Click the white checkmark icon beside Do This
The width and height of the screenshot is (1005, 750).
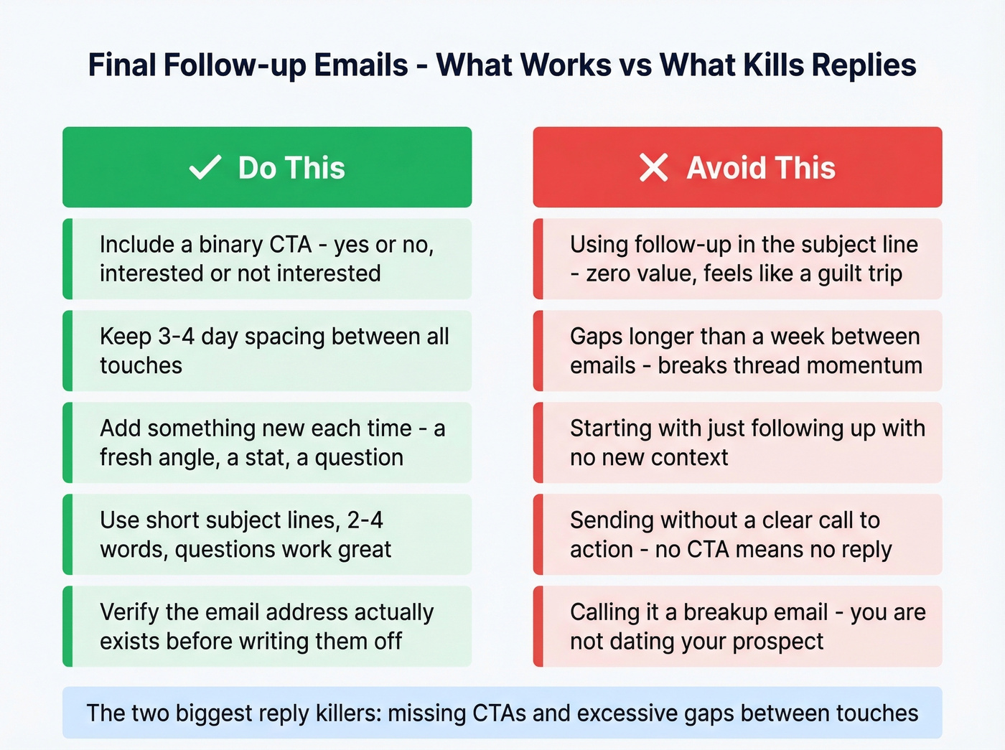tap(205, 168)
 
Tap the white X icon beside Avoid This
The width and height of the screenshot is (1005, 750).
tap(653, 168)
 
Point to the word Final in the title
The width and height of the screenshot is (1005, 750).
tap(121, 65)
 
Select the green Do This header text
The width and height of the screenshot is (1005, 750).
tap(291, 168)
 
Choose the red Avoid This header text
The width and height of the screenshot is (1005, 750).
tap(761, 168)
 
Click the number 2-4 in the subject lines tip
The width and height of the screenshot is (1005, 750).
tap(365, 520)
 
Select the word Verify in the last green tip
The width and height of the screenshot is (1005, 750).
tap(129, 612)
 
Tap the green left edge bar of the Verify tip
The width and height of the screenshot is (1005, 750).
tap(67, 627)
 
